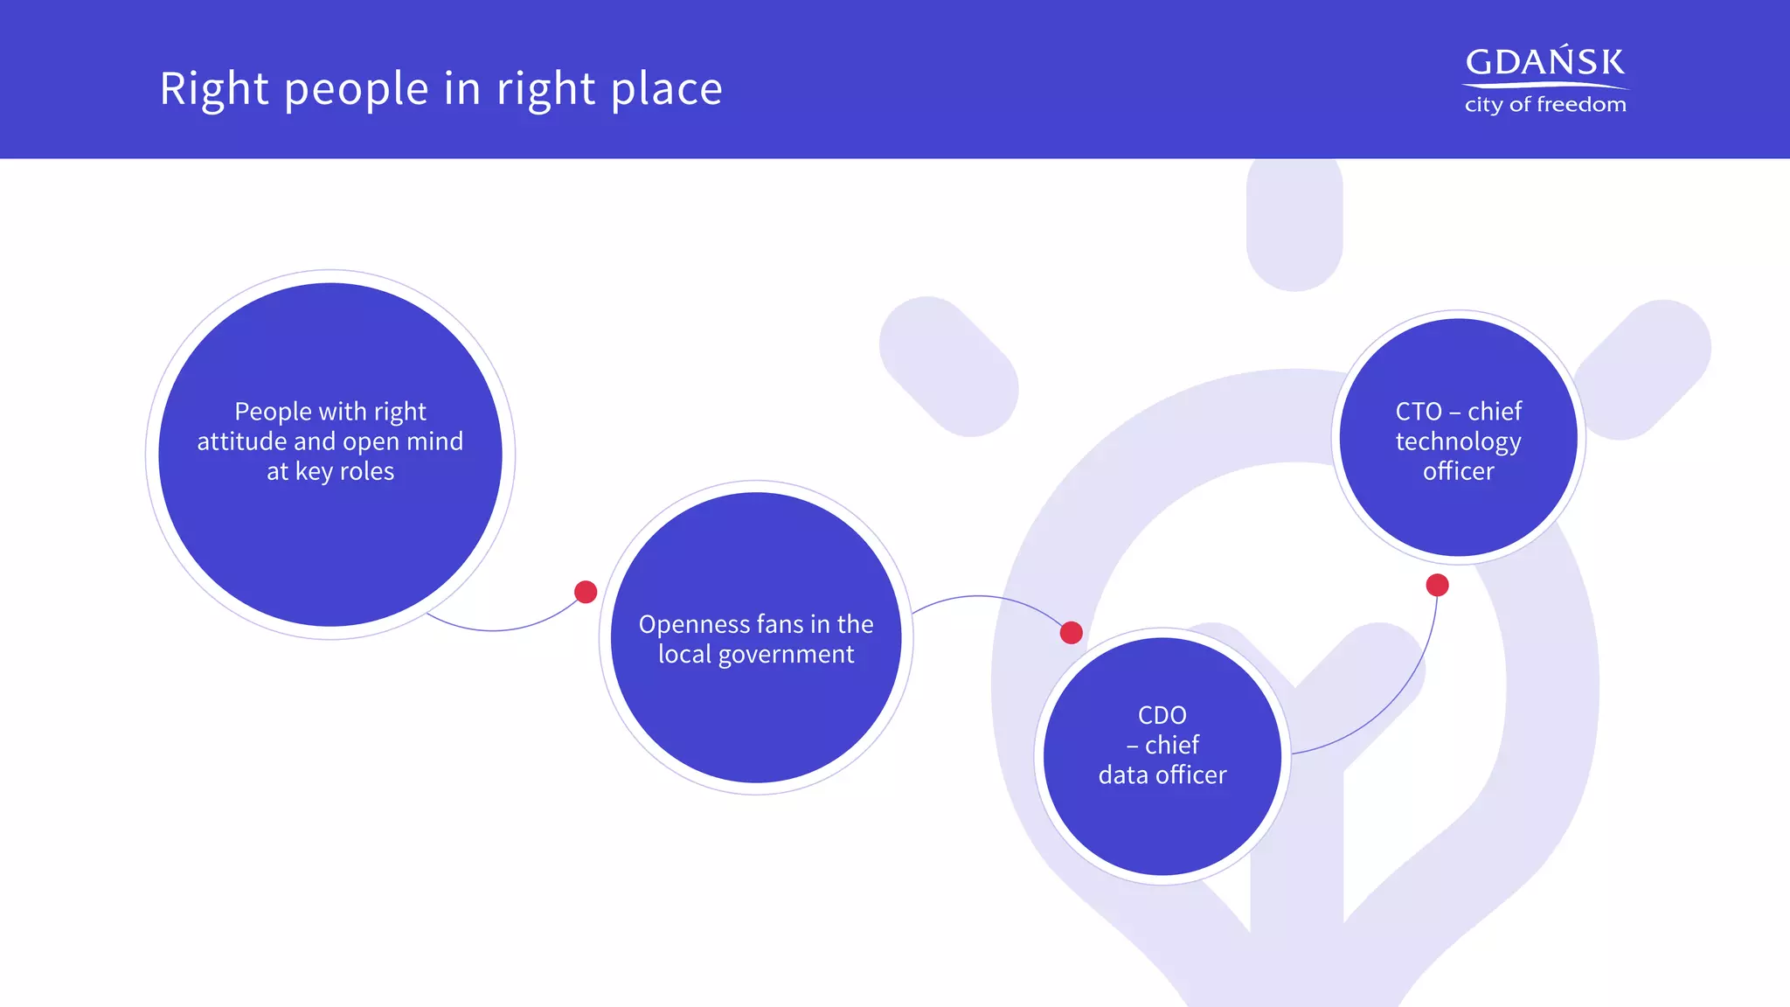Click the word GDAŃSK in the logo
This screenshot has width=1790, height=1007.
pyautogui.click(x=1544, y=62)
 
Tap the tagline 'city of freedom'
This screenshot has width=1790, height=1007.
pyautogui.click(x=1545, y=105)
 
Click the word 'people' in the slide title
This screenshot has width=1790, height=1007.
pyautogui.click(x=356, y=90)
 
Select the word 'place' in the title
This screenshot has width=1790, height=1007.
pyautogui.click(x=666, y=90)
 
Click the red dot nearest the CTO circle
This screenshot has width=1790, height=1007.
pyautogui.click(x=1437, y=585)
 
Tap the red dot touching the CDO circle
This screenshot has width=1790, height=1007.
pyautogui.click(x=1071, y=632)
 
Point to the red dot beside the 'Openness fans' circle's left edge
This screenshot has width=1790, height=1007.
pyautogui.click(x=586, y=592)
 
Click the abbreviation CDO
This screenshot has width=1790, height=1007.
pyautogui.click(x=1162, y=715)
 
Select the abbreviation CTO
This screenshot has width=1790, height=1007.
pyautogui.click(x=1418, y=412)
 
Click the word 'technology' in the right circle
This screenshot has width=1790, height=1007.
pyautogui.click(x=1458, y=441)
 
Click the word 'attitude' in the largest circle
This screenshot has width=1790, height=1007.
pyautogui.click(x=241, y=441)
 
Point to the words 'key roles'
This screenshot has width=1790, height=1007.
pyautogui.click(x=344, y=471)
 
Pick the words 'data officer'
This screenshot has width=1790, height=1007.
pyautogui.click(x=1162, y=775)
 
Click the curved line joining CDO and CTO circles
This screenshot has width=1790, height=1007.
pyautogui.click(x=1398, y=699)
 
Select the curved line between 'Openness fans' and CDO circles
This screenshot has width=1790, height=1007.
pyautogui.click(x=979, y=596)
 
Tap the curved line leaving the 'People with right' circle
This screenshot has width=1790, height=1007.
pyautogui.click(x=494, y=629)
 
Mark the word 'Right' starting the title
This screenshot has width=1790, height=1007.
pyautogui.click(x=214, y=90)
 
